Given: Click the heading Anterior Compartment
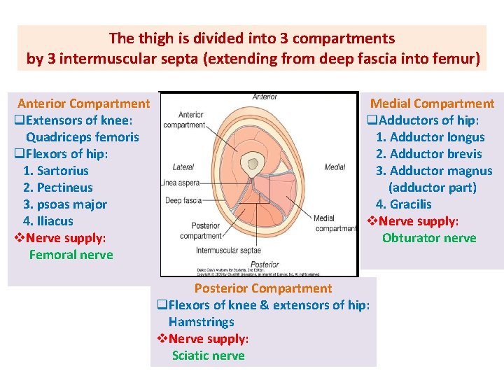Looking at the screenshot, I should (x=83, y=104).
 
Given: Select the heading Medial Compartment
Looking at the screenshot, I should (x=432, y=104).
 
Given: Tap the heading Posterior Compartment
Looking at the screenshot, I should (x=263, y=288).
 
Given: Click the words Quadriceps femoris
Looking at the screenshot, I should (x=83, y=137).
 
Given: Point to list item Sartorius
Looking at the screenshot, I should (x=56, y=171).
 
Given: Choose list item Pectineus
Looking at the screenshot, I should (x=58, y=188).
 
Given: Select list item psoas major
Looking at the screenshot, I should (x=65, y=204).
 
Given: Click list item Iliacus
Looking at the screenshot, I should (x=48, y=221).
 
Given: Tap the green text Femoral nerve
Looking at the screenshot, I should (x=71, y=255).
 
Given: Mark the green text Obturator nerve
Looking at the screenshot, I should (x=429, y=238).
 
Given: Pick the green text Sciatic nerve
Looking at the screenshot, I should (x=209, y=356).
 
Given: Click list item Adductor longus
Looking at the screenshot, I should (x=430, y=137).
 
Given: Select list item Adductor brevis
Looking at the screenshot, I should (x=428, y=154).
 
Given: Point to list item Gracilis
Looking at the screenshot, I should (x=404, y=204).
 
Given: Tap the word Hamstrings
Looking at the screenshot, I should (x=202, y=322).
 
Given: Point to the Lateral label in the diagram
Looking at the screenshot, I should (x=183, y=167).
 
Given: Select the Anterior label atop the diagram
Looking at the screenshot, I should (x=265, y=97).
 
